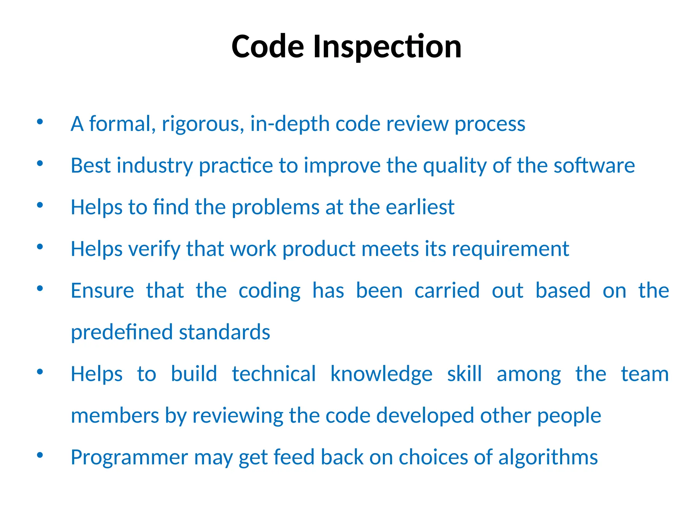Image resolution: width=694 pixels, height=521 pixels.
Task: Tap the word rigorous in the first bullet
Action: pos(203,124)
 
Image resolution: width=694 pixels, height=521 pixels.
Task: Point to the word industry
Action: pos(155,166)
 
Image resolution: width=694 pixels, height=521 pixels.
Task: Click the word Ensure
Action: pos(102,291)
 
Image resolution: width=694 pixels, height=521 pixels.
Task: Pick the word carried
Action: pos(447,291)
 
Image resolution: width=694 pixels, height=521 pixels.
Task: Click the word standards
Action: pos(224,332)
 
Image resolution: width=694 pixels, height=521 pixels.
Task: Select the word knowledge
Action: pos(381,374)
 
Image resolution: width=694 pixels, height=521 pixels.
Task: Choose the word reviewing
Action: pos(238,416)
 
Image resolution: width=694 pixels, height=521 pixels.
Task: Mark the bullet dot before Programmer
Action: pos(40,455)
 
